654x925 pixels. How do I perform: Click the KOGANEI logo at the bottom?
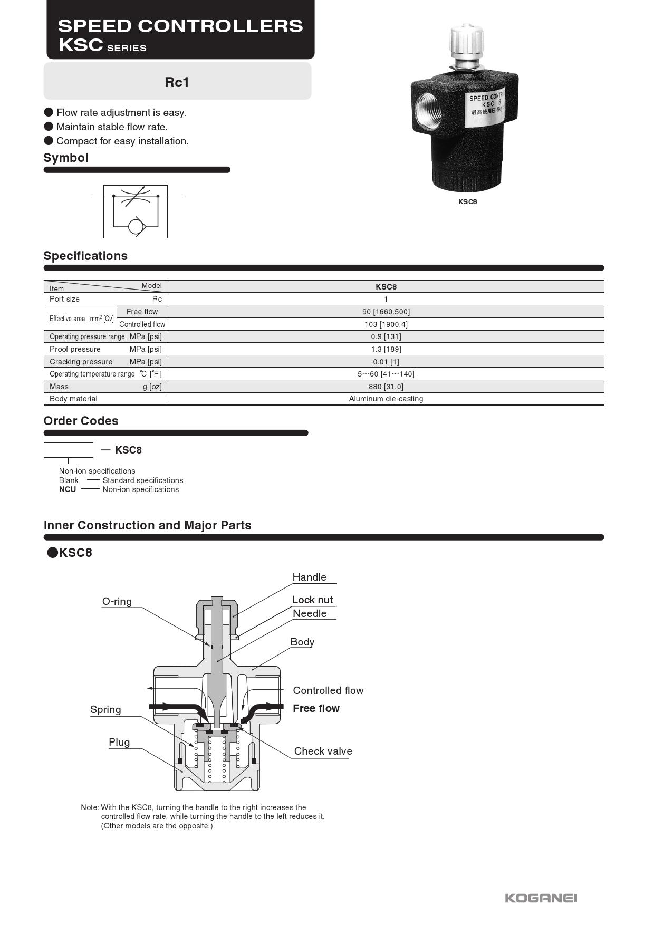[541, 898]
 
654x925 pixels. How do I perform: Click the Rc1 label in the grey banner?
[177, 82]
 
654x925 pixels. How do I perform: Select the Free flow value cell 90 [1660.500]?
[386, 312]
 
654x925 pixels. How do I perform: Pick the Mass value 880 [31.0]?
[386, 387]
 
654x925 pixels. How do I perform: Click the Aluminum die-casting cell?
[386, 399]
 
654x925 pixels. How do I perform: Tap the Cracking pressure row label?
[81, 362]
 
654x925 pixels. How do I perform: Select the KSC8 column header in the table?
[386, 287]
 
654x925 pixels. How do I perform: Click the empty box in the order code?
[68, 450]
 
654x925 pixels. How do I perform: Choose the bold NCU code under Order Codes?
[68, 489]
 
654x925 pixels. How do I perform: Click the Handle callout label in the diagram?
[309, 577]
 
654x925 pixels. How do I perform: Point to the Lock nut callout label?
[312, 600]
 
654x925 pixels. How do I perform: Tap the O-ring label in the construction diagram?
[117, 601]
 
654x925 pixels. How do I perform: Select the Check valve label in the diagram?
[323, 751]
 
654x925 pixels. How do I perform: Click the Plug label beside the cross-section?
[119, 742]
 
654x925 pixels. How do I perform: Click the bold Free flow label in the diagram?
[316, 708]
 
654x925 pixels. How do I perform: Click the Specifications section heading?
[85, 256]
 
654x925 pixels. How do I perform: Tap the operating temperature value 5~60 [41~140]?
[386, 374]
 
